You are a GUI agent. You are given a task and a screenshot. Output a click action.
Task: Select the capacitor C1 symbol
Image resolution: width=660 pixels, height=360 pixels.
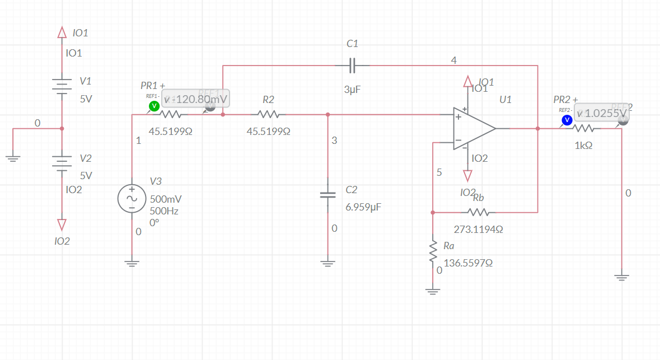click(x=352, y=66)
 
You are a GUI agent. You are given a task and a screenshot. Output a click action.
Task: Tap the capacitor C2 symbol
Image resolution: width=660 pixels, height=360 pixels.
click(x=327, y=195)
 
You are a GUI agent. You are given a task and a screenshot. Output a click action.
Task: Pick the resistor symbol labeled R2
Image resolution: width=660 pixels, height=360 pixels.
click(x=269, y=115)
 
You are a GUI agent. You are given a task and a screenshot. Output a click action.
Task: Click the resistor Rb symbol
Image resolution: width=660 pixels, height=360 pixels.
click(x=478, y=212)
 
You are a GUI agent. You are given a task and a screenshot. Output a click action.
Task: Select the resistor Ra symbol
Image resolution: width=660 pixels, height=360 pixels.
click(x=433, y=251)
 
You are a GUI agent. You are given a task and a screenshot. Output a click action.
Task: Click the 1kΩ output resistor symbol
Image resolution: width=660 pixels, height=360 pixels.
click(x=584, y=128)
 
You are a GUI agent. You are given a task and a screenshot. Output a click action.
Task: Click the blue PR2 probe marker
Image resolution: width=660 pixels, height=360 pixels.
click(x=567, y=120)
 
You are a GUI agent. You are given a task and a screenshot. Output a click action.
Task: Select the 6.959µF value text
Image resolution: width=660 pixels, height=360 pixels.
click(x=363, y=207)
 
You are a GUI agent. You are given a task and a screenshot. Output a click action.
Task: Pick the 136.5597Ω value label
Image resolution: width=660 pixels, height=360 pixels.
click(x=468, y=263)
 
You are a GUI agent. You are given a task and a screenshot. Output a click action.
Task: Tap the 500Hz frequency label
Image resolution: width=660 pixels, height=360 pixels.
click(x=164, y=211)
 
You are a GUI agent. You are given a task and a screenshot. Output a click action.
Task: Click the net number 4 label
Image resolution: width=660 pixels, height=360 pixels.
click(x=453, y=60)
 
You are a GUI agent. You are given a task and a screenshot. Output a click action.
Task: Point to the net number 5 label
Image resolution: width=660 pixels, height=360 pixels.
click(x=439, y=172)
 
